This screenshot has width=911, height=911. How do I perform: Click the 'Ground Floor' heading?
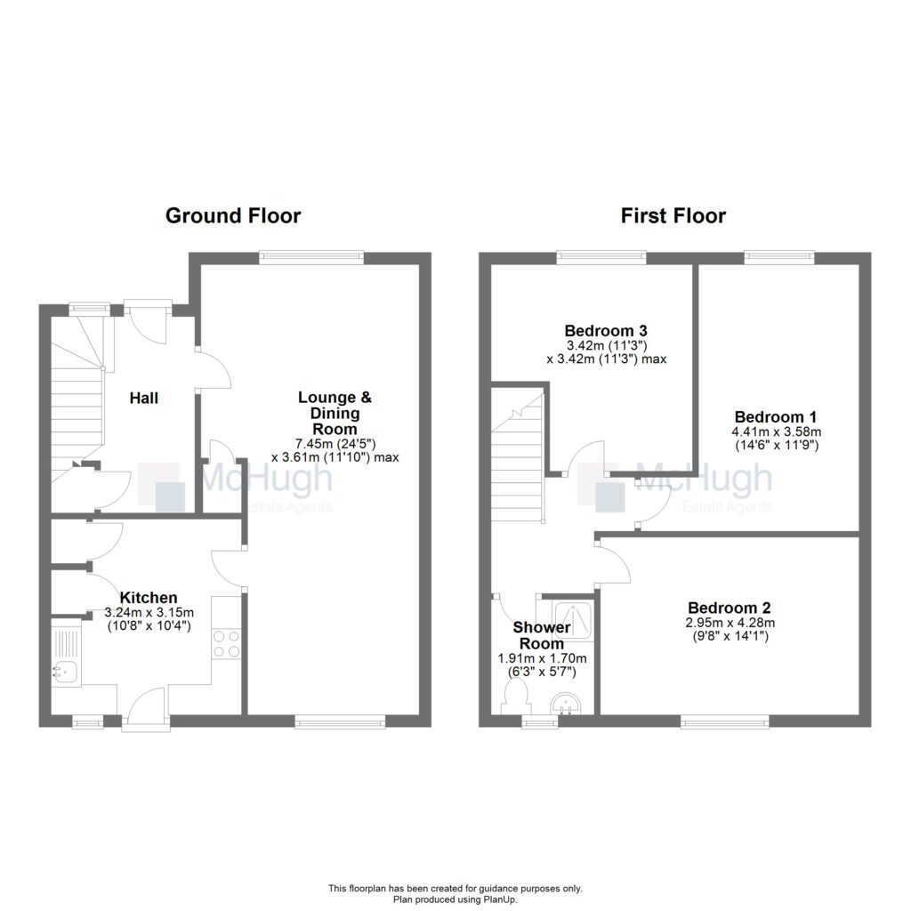[x=233, y=215]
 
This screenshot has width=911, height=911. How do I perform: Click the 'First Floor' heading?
[x=673, y=215]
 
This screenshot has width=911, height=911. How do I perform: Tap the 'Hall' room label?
[x=144, y=398]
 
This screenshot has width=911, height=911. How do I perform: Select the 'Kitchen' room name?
[x=149, y=598]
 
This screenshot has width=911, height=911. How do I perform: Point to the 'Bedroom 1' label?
[x=775, y=416]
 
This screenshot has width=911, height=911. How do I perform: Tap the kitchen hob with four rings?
[x=226, y=643]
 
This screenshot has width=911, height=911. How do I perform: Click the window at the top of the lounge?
[x=311, y=258]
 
